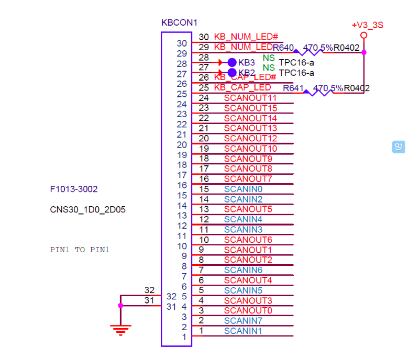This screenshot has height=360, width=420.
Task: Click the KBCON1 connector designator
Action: (179, 23)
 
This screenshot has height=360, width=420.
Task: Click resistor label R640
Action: (283, 48)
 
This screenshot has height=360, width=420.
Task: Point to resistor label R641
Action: (293, 88)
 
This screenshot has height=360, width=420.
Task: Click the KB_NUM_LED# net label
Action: (246, 37)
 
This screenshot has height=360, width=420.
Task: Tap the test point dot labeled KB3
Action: (232, 62)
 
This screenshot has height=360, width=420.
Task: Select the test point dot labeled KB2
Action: (232, 72)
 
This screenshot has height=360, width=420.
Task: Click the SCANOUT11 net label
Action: (250, 98)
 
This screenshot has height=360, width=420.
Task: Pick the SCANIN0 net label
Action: (243, 189)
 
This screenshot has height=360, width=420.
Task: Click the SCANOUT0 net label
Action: (248, 310)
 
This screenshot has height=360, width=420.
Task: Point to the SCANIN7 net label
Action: (243, 320)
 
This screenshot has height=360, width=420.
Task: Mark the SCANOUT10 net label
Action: (250, 149)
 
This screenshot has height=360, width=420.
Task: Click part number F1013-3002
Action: (74, 189)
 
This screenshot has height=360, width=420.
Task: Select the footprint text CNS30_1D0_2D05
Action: (87, 210)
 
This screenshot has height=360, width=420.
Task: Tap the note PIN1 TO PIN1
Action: (80, 250)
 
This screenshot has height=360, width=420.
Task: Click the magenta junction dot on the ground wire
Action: (120, 305)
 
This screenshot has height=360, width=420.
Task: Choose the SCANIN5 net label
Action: (243, 290)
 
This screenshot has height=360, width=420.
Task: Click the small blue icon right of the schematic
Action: (399, 147)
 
